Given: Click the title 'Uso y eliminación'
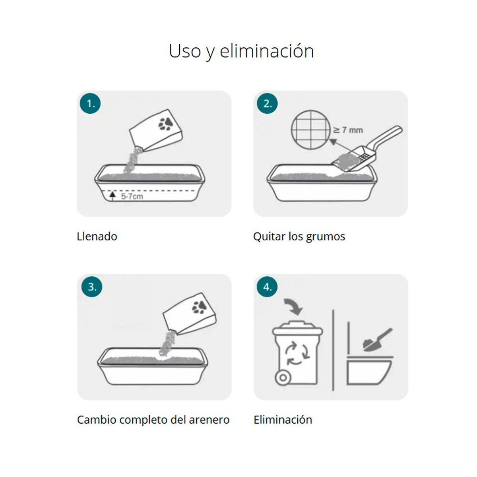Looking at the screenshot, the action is [241, 51].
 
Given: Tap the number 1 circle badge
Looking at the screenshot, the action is [90, 103].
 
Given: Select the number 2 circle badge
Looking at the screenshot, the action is [268, 103].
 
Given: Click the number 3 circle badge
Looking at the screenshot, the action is [92, 287].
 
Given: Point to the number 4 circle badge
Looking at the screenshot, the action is [267, 287].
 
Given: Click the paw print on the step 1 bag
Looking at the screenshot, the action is [165, 123].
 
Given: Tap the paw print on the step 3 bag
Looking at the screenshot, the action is [199, 307].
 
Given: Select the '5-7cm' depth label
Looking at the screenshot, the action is [132, 196].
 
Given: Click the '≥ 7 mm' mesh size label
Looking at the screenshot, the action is [348, 130].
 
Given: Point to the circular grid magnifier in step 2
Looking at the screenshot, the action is [311, 130].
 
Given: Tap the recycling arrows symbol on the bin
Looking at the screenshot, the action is [297, 353].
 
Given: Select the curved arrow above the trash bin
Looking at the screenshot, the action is [294, 306].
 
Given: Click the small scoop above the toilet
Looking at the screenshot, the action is [377, 340].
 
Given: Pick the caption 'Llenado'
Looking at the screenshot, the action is [97, 237].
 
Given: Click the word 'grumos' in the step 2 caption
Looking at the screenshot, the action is [326, 237].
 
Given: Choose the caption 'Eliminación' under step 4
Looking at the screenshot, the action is [283, 420].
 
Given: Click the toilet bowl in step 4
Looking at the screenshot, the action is [369, 371].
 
